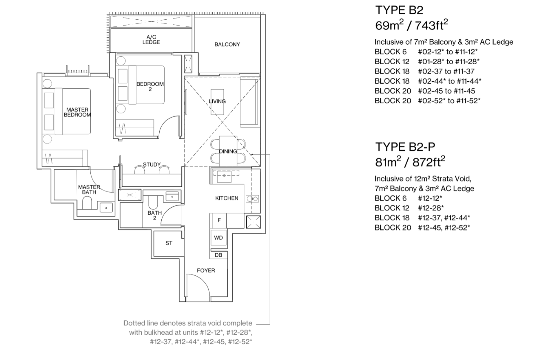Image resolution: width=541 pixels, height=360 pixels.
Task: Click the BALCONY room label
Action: [227, 44]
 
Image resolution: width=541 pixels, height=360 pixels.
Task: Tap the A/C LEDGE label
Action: [151, 40]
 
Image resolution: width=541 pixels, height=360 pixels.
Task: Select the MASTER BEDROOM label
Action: [77, 112]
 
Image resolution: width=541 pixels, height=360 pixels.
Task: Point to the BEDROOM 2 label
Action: [150, 86]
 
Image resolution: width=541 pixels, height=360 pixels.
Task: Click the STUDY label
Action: [152, 164]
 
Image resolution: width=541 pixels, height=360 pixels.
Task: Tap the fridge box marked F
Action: [219, 220]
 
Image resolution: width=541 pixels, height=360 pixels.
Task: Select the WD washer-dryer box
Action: [218, 238]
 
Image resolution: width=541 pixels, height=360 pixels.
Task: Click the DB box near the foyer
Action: [218, 255]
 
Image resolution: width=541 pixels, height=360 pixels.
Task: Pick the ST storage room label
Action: [169, 243]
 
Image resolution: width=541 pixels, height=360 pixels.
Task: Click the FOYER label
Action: [206, 270]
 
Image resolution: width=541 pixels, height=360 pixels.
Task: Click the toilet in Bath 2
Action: [153, 202]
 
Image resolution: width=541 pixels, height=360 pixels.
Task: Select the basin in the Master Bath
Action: [106, 208]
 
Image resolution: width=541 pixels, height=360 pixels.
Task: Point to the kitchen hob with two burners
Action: [252, 199]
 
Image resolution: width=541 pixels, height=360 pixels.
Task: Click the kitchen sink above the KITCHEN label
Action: [224, 175]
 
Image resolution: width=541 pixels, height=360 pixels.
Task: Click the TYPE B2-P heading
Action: [405, 147]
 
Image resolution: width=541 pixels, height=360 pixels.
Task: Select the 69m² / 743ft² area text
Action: [411, 26]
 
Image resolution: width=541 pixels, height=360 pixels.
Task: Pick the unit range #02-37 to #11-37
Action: [446, 71]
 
